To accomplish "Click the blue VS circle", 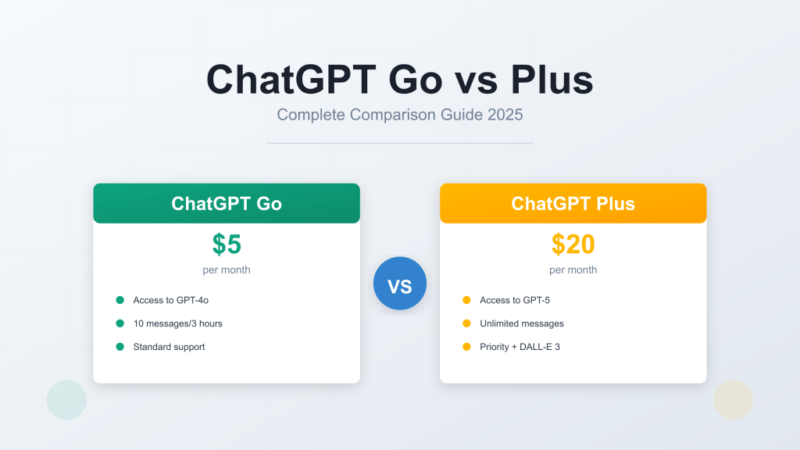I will point(400,284).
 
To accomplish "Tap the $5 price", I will point(227,245).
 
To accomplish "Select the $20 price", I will point(573,245).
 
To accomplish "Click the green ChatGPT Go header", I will point(227,204).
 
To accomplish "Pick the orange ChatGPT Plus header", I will point(573,204).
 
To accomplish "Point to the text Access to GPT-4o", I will point(170,300).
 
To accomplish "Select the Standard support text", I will point(169,347).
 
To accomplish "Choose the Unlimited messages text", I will point(521,323).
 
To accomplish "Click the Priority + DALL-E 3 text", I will point(520,347).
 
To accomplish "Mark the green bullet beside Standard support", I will point(120,347).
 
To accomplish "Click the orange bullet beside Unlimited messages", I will point(466,323).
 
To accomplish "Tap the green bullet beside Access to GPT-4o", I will point(120,300).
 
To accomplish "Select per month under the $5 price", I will point(227,270).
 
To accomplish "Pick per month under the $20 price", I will point(573,270).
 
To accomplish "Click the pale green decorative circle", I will point(66,400).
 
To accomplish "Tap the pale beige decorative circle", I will point(733,400).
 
